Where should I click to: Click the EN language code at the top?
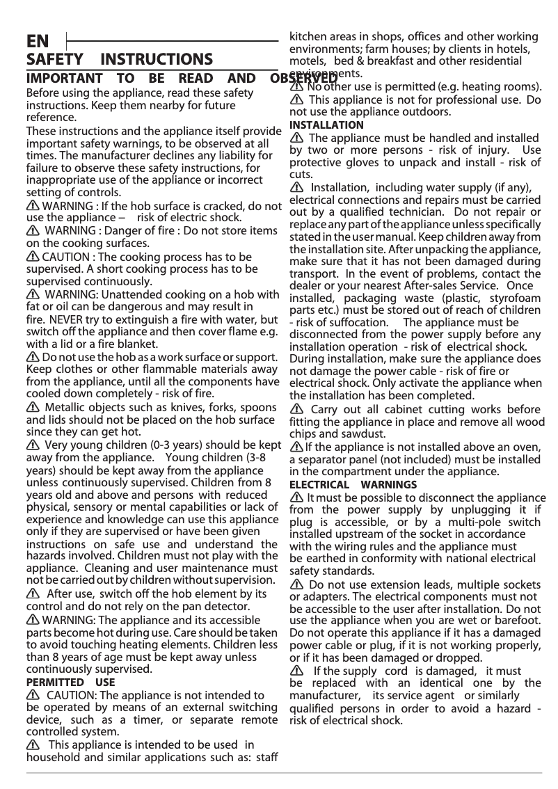pyautogui.click(x=38, y=40)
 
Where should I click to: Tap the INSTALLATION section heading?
pyautogui.click(x=326, y=125)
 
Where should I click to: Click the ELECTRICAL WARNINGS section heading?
pyautogui.click(x=353, y=484)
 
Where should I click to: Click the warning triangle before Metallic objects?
pyautogui.click(x=33, y=407)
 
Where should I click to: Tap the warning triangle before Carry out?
pyautogui.click(x=296, y=408)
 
